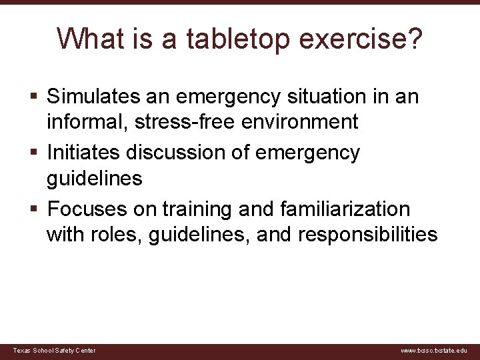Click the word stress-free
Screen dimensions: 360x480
click(173, 122)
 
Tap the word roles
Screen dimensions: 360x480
click(121, 234)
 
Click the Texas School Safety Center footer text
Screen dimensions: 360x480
click(55, 351)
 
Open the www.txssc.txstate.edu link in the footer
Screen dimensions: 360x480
click(433, 351)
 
